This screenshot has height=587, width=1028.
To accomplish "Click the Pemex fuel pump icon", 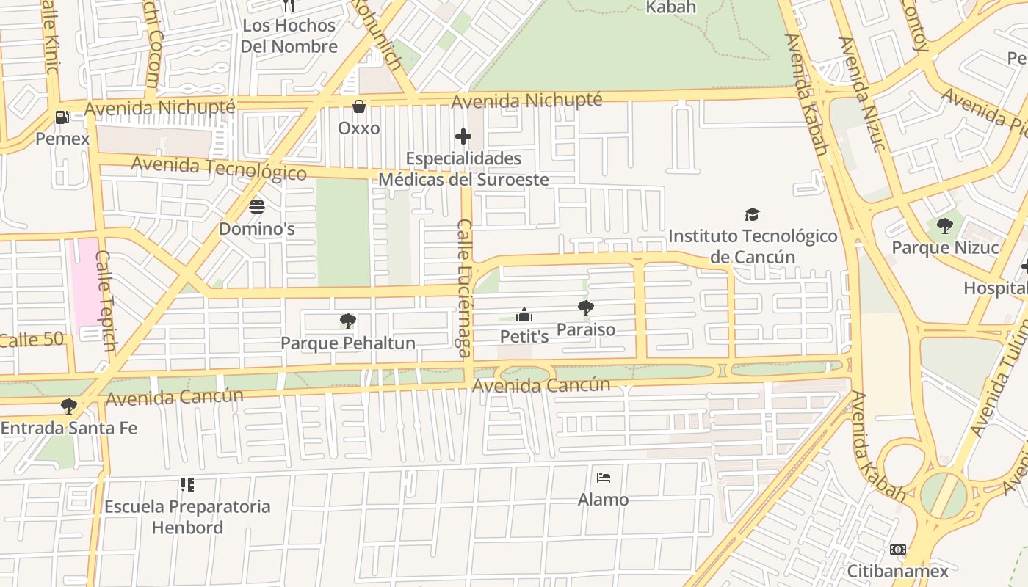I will pyautogui.click(x=62, y=117).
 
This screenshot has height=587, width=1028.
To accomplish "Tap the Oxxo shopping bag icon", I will pyautogui.click(x=359, y=107).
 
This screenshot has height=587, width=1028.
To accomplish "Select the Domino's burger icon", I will pyautogui.click(x=257, y=207).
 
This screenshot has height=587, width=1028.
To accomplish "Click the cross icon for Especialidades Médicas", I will pyautogui.click(x=463, y=136).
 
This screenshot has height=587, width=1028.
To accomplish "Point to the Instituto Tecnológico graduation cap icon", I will pyautogui.click(x=752, y=214).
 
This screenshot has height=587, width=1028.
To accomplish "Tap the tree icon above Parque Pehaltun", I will pyautogui.click(x=348, y=321).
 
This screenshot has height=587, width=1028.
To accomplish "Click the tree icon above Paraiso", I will pyautogui.click(x=585, y=308).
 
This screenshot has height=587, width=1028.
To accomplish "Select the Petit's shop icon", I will pyautogui.click(x=524, y=316).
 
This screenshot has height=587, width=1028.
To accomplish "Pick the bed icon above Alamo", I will pyautogui.click(x=603, y=478).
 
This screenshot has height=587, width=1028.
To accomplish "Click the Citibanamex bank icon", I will pyautogui.click(x=897, y=550).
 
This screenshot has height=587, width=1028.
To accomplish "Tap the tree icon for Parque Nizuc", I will pyautogui.click(x=945, y=226).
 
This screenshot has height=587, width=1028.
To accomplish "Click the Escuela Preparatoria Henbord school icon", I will pyautogui.click(x=187, y=485).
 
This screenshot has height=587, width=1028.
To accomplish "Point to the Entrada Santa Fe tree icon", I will pyautogui.click(x=69, y=406).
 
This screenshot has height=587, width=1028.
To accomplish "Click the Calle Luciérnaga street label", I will pyautogui.click(x=465, y=288).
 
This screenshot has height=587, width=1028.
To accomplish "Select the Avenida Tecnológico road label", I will pyautogui.click(x=218, y=168).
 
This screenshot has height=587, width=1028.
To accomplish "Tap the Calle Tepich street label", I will pyautogui.click(x=106, y=301).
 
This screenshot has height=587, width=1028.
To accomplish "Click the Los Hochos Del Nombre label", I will pyautogui.click(x=289, y=36).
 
